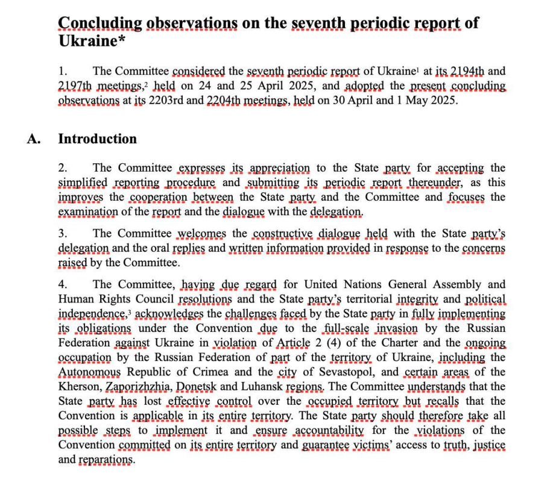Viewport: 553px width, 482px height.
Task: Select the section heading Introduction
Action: pyautogui.click(x=97, y=139)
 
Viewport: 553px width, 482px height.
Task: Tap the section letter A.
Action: pyautogui.click(x=34, y=139)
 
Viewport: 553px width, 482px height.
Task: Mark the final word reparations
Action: pyautogui.click(x=105, y=460)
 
